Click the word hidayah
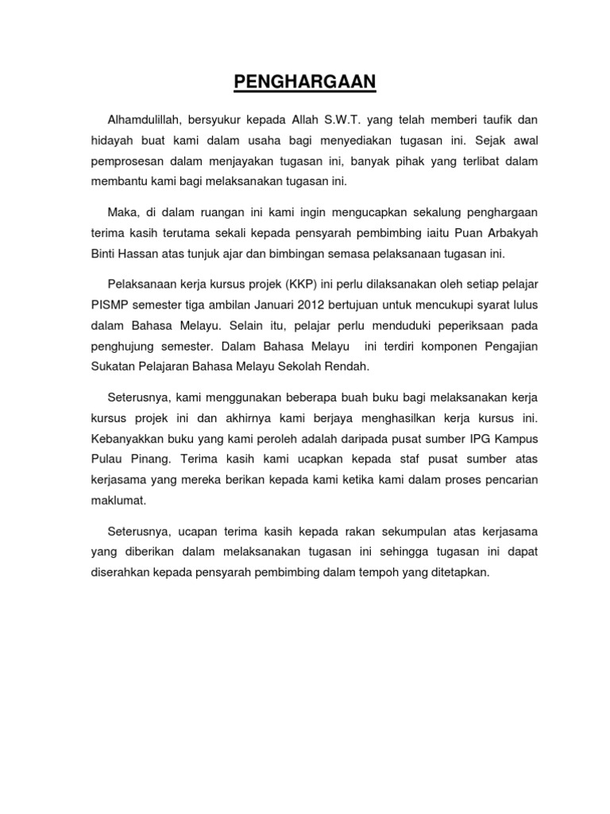click(110, 141)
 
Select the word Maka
click(122, 212)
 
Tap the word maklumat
click(118, 501)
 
